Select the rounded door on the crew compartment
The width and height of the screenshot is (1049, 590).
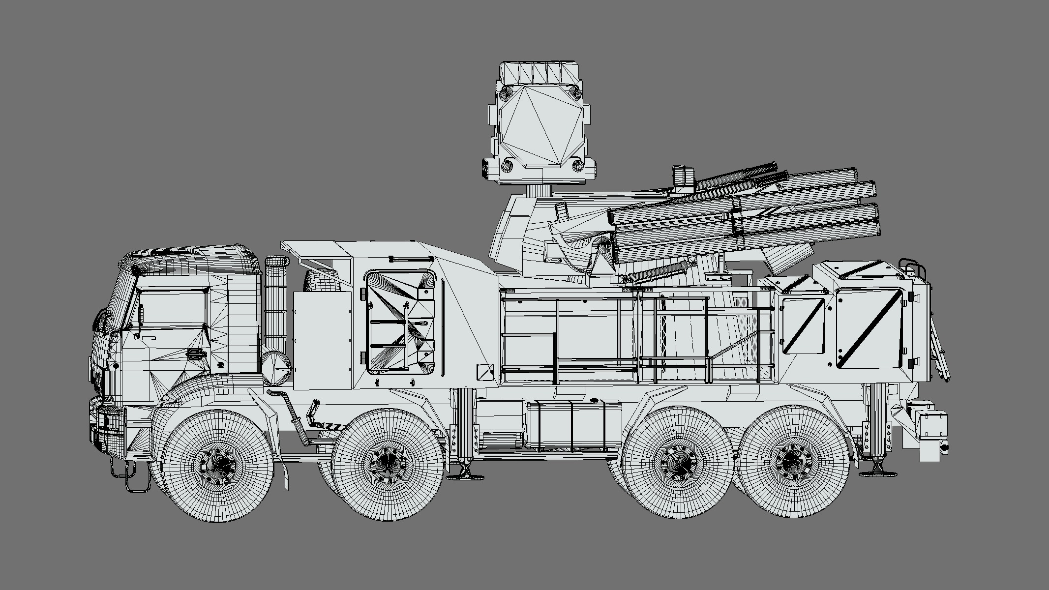click(x=401, y=320)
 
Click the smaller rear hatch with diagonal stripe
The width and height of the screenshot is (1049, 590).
click(x=803, y=325)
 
